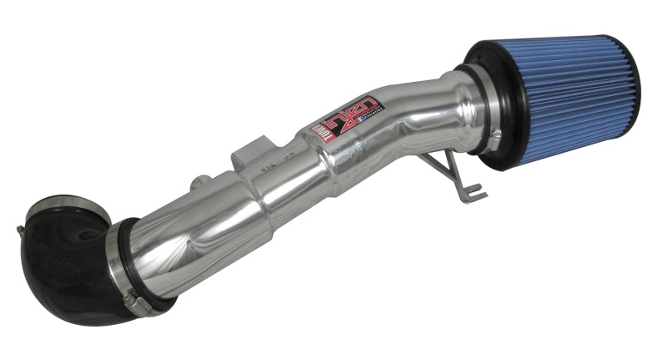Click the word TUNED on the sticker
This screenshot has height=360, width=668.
tap(320, 132)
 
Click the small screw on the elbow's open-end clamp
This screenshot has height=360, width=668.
tap(18, 228)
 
